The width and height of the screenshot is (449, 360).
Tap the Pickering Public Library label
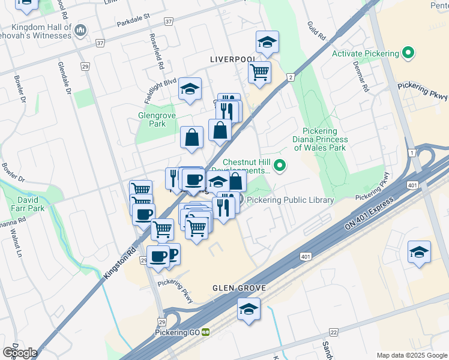click(290, 200)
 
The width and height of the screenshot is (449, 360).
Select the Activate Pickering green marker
click(409, 53)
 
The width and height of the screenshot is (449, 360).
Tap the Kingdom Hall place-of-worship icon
click(81, 29)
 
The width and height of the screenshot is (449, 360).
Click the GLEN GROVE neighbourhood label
click(239, 288)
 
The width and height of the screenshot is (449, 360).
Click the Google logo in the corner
click(19, 352)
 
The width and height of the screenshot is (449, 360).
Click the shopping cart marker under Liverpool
click(260, 73)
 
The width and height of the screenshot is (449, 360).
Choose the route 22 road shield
click(334, 332)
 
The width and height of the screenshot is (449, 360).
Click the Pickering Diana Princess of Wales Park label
click(320, 139)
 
